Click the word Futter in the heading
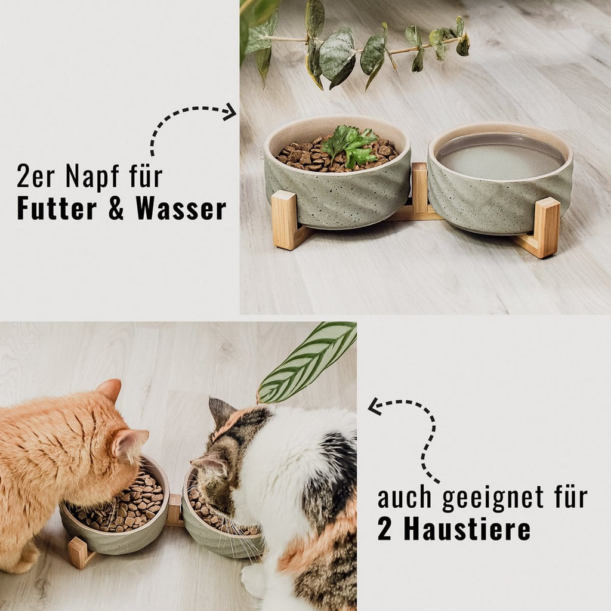[57, 208]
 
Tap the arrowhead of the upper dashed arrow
[230, 112]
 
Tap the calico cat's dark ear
[221, 411]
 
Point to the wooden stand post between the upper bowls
[419, 187]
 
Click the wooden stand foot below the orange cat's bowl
[78, 552]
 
